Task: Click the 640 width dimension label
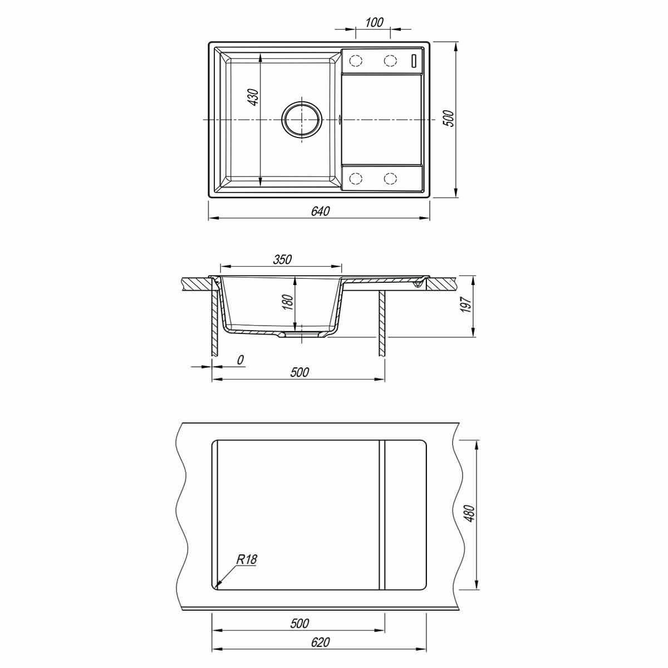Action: (320, 211)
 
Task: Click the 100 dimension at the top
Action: (374, 22)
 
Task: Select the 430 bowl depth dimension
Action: (253, 97)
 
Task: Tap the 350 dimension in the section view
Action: (282, 259)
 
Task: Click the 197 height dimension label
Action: (467, 305)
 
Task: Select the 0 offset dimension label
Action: (240, 360)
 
